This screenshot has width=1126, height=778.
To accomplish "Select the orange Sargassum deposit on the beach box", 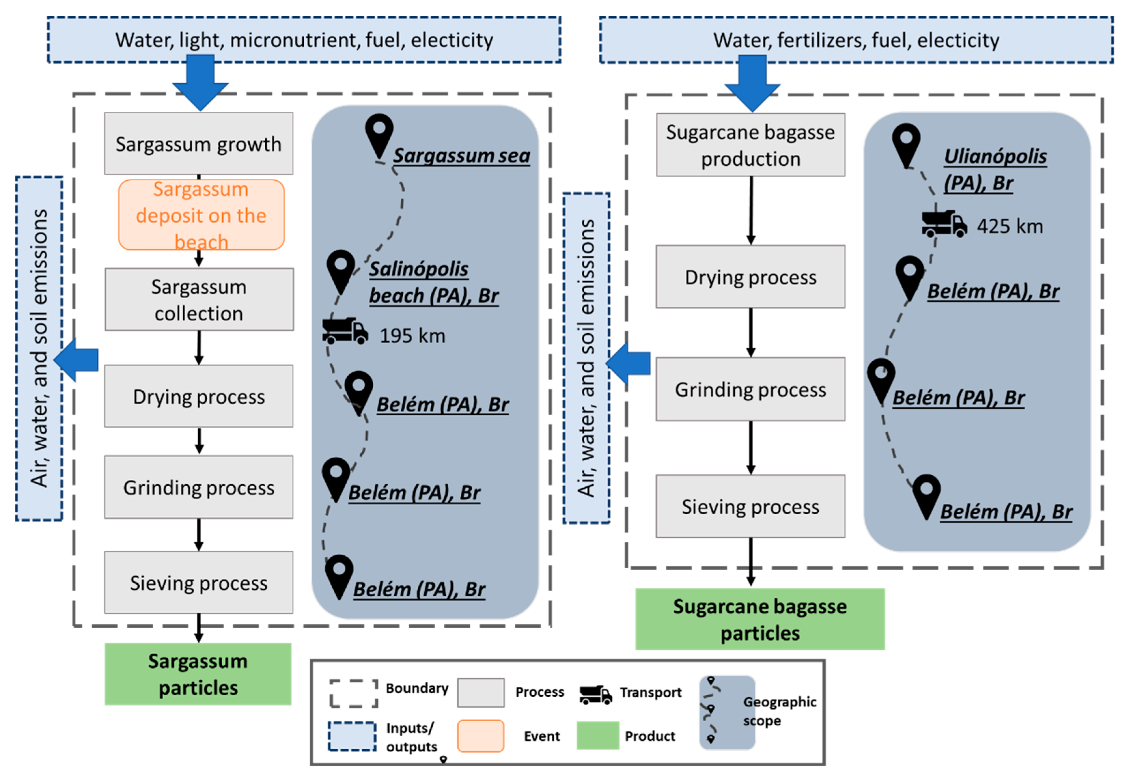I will (201, 215).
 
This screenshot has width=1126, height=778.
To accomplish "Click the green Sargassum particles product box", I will (198, 674).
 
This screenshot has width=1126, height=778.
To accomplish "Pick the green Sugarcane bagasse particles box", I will (759, 619).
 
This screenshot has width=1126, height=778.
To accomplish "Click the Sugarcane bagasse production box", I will (750, 145).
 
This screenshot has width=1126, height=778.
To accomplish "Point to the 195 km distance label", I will (412, 336).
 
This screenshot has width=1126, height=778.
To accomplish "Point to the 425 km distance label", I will (1009, 226).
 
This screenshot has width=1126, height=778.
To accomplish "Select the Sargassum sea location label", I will (461, 156).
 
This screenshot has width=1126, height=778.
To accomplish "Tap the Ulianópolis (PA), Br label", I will (994, 169).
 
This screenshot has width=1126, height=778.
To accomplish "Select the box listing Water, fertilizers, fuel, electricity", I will (856, 40).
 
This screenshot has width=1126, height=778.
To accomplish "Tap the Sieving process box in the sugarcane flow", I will (750, 507).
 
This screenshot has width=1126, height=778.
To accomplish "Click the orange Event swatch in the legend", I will (480, 736).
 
